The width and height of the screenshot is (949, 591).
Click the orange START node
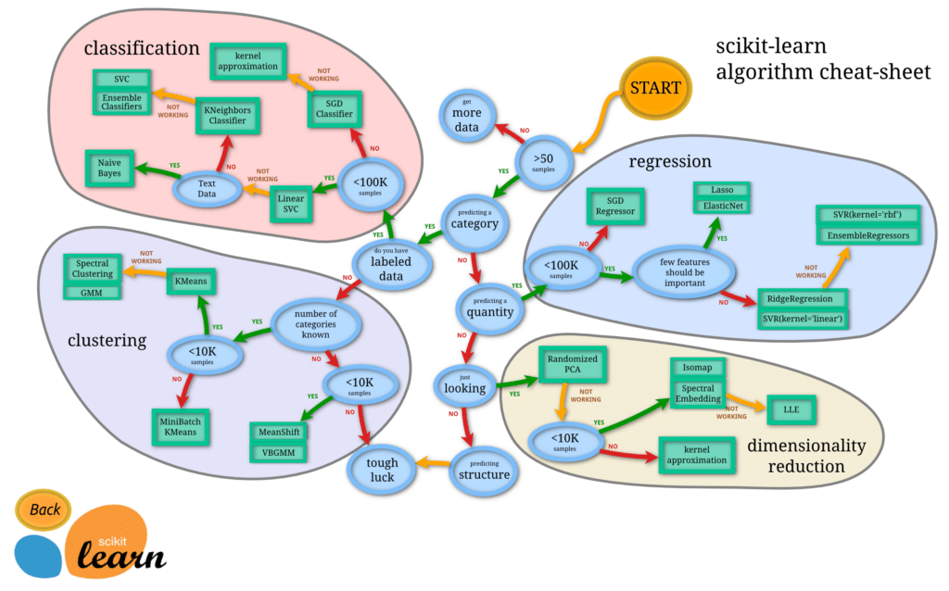[655, 88]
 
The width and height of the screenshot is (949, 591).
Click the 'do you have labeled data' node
[393, 263]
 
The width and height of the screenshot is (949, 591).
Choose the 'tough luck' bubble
[381, 470]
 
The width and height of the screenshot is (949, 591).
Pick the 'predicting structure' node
[483, 470]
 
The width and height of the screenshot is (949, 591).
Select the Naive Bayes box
[109, 168]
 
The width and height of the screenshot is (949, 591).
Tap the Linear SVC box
[291, 205]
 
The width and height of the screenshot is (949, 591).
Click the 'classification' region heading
[142, 47]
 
